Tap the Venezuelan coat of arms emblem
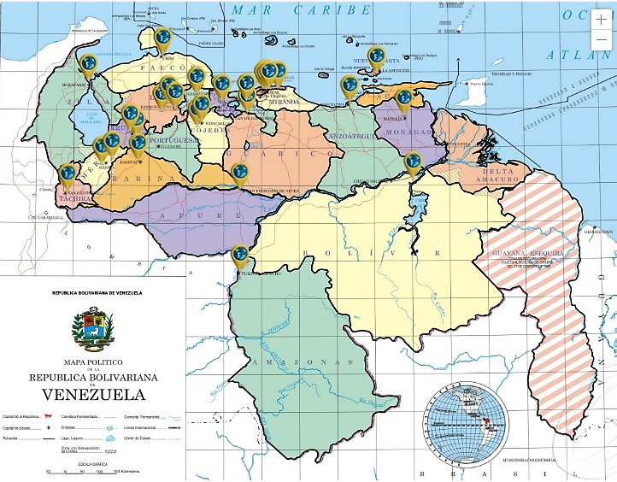[93, 329]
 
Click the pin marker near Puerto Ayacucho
[239, 254]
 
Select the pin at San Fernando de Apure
[240, 173]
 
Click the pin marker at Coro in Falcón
[163, 38]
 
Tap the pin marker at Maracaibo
[87, 63]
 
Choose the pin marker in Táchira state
[68, 174]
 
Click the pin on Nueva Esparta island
[374, 56]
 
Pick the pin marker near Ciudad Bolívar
[413, 161]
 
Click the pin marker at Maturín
[403, 97]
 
